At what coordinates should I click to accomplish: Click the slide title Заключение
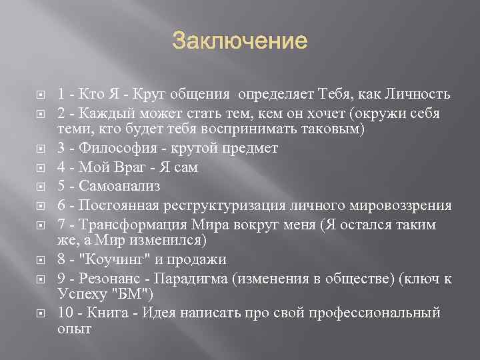[240, 43]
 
